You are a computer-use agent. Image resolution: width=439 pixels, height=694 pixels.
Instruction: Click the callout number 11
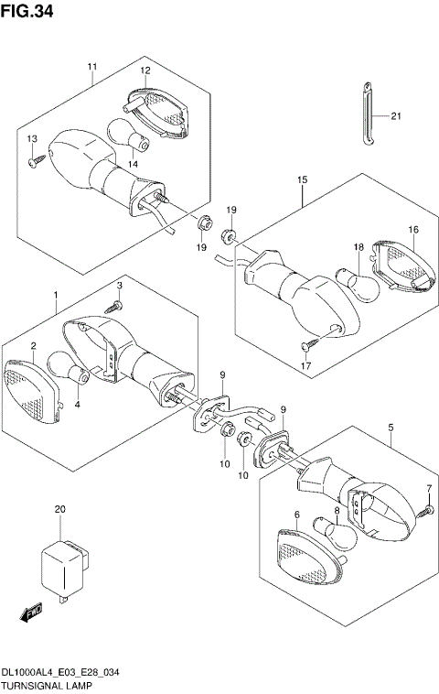92,67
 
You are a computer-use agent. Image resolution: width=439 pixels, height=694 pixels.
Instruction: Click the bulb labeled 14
133,136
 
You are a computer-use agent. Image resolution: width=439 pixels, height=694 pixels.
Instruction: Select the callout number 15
301,181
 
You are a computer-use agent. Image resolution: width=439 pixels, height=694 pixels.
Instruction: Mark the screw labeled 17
307,345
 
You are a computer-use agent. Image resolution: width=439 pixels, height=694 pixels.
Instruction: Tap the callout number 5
391,428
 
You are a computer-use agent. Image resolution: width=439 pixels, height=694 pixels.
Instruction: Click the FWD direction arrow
30,613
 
